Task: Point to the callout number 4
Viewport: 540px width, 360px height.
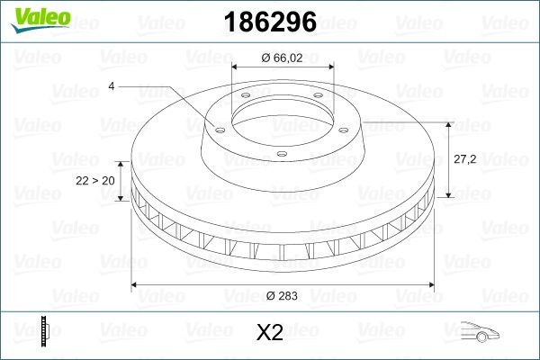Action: tap(112, 86)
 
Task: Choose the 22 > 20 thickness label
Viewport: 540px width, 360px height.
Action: tap(96, 180)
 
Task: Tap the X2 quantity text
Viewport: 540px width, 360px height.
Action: tap(270, 333)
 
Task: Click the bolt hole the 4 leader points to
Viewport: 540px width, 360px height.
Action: tap(216, 126)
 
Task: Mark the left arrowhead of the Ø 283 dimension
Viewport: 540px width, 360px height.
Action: tap(136, 284)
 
